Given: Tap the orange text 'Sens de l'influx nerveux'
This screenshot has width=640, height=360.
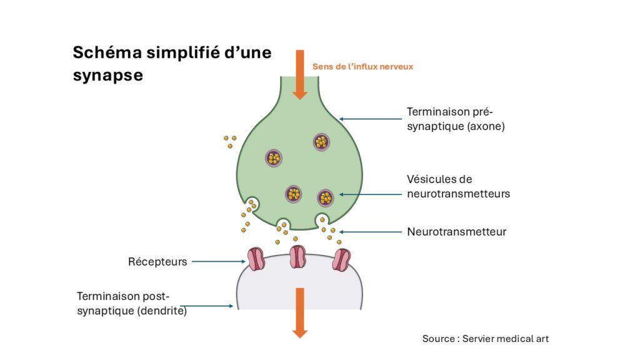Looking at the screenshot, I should pyautogui.click(x=362, y=66).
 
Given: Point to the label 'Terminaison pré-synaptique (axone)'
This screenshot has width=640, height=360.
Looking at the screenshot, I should pyautogui.click(x=451, y=119).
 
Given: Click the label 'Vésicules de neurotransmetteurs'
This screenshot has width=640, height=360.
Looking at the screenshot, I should pyautogui.click(x=458, y=186).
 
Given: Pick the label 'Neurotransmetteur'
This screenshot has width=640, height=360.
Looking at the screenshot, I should pyautogui.click(x=456, y=232).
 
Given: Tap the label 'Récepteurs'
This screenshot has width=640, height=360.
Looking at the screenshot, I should pyautogui.click(x=157, y=262).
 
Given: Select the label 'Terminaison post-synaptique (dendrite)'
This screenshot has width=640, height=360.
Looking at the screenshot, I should pyautogui.click(x=132, y=302).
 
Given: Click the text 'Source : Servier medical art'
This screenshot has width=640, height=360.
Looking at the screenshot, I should pyautogui.click(x=486, y=339).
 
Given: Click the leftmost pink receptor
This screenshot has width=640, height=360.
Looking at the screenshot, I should pyautogui.click(x=256, y=259).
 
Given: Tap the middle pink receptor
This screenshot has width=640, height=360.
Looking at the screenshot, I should pyautogui.click(x=297, y=257).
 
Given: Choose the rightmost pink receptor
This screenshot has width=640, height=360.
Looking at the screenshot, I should pyautogui.click(x=342, y=259).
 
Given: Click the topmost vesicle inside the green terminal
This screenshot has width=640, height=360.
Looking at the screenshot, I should pyautogui.click(x=321, y=142).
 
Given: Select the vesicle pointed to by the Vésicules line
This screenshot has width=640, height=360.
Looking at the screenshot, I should pyautogui.click(x=326, y=198).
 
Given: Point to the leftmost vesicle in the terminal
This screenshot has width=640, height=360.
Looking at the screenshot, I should pyautogui.click(x=273, y=157).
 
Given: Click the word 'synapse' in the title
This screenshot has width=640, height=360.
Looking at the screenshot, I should pyautogui.click(x=107, y=75).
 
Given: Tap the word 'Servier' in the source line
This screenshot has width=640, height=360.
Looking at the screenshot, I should pyautogui.click(x=479, y=339).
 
